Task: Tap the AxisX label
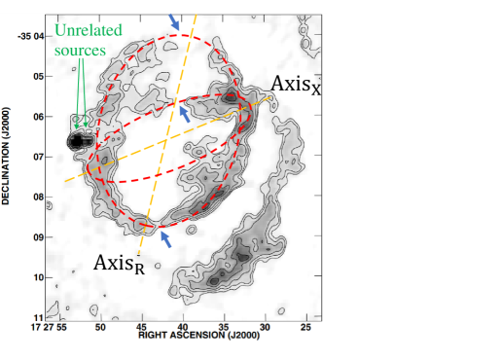(x=296, y=85)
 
